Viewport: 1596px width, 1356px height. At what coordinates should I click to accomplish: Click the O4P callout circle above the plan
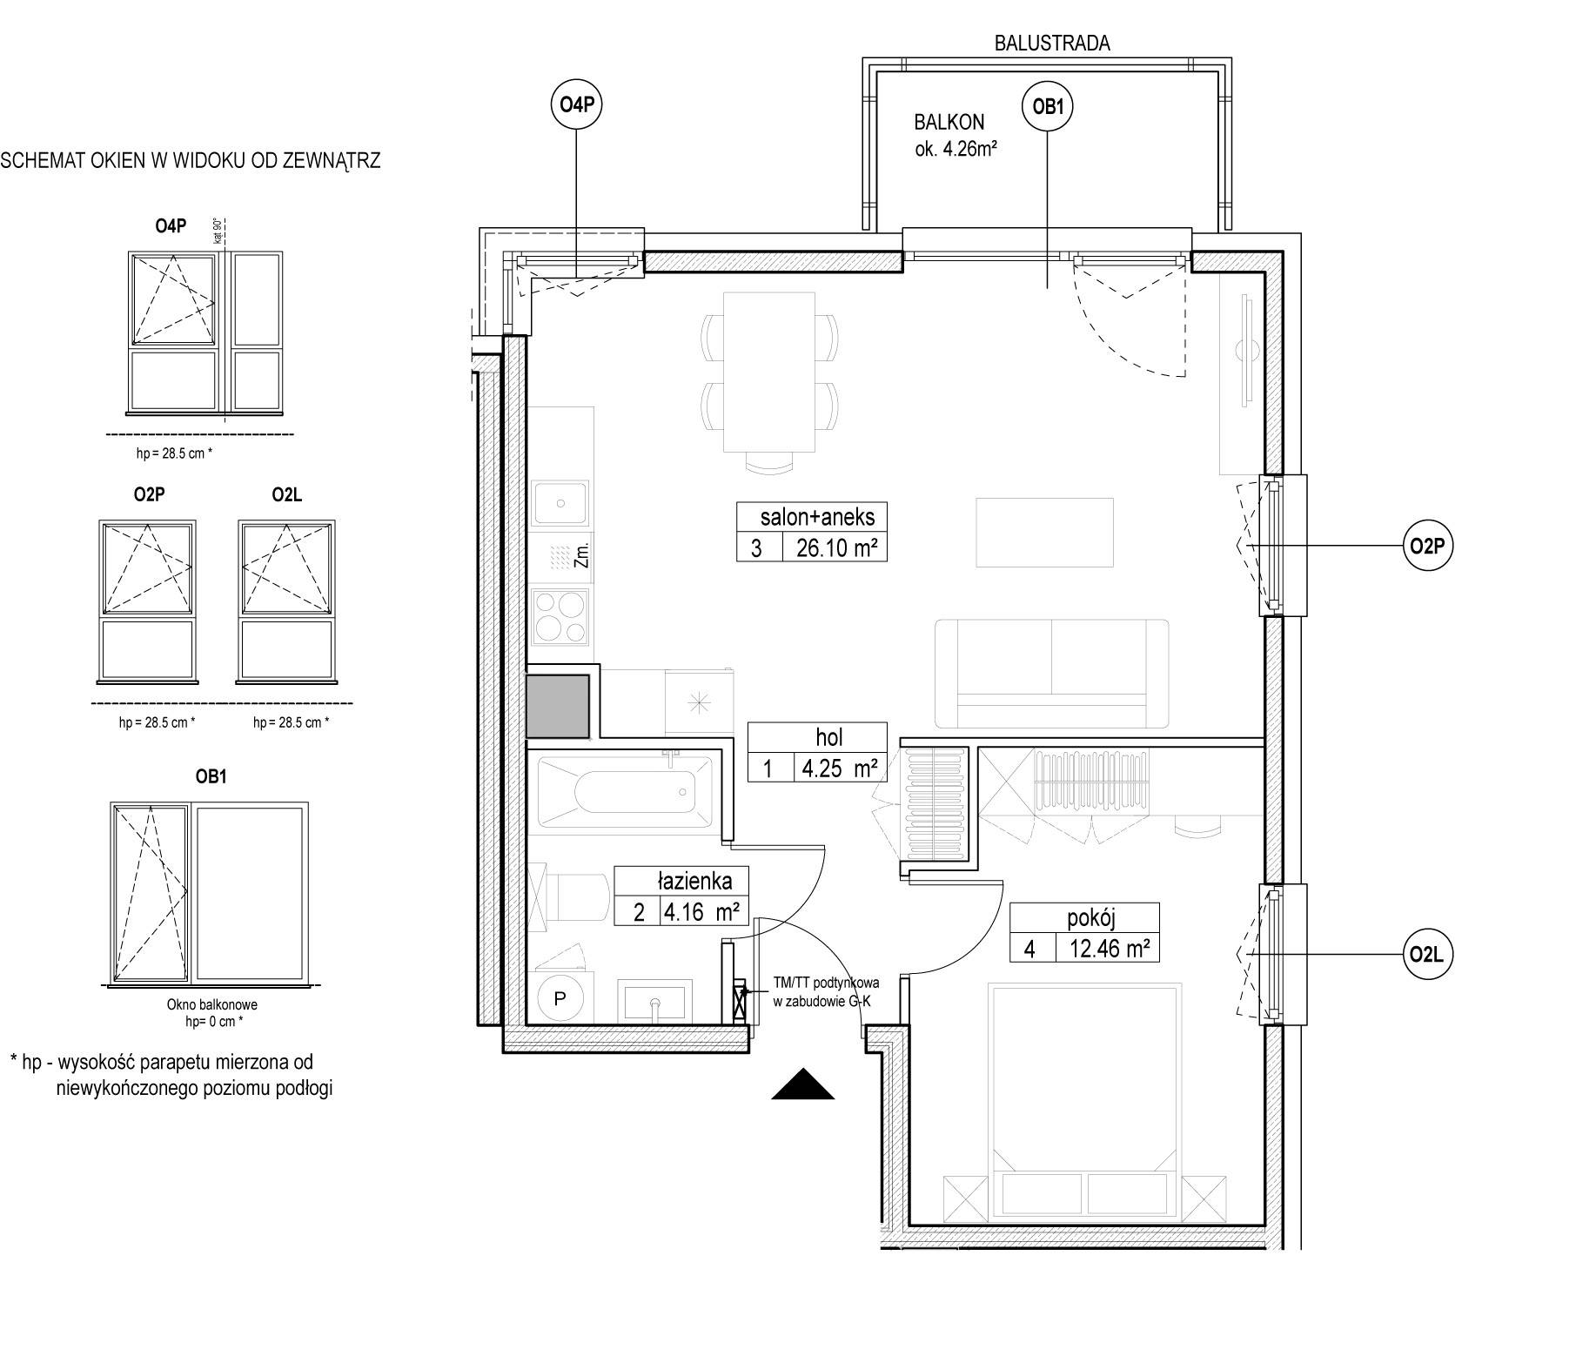click(x=577, y=105)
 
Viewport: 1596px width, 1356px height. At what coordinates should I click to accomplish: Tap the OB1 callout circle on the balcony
click(x=1047, y=107)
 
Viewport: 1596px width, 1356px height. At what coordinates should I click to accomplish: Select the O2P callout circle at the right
click(x=1428, y=546)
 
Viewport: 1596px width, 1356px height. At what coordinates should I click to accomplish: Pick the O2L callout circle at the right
click(x=1428, y=955)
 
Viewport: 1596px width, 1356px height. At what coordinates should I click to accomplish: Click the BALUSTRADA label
click(x=1052, y=43)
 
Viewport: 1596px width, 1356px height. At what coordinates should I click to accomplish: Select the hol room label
click(x=829, y=738)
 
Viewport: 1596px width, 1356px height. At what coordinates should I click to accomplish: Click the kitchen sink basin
click(x=561, y=503)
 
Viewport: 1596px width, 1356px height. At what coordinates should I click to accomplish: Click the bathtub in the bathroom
click(x=625, y=791)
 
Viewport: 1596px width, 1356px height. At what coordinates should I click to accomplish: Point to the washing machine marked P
click(x=559, y=999)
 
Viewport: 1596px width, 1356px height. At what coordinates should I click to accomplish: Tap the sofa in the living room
click(x=1052, y=673)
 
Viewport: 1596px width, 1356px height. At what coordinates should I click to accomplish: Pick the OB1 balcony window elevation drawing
click(x=209, y=893)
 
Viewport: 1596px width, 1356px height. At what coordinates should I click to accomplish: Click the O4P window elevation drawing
click(x=206, y=331)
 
